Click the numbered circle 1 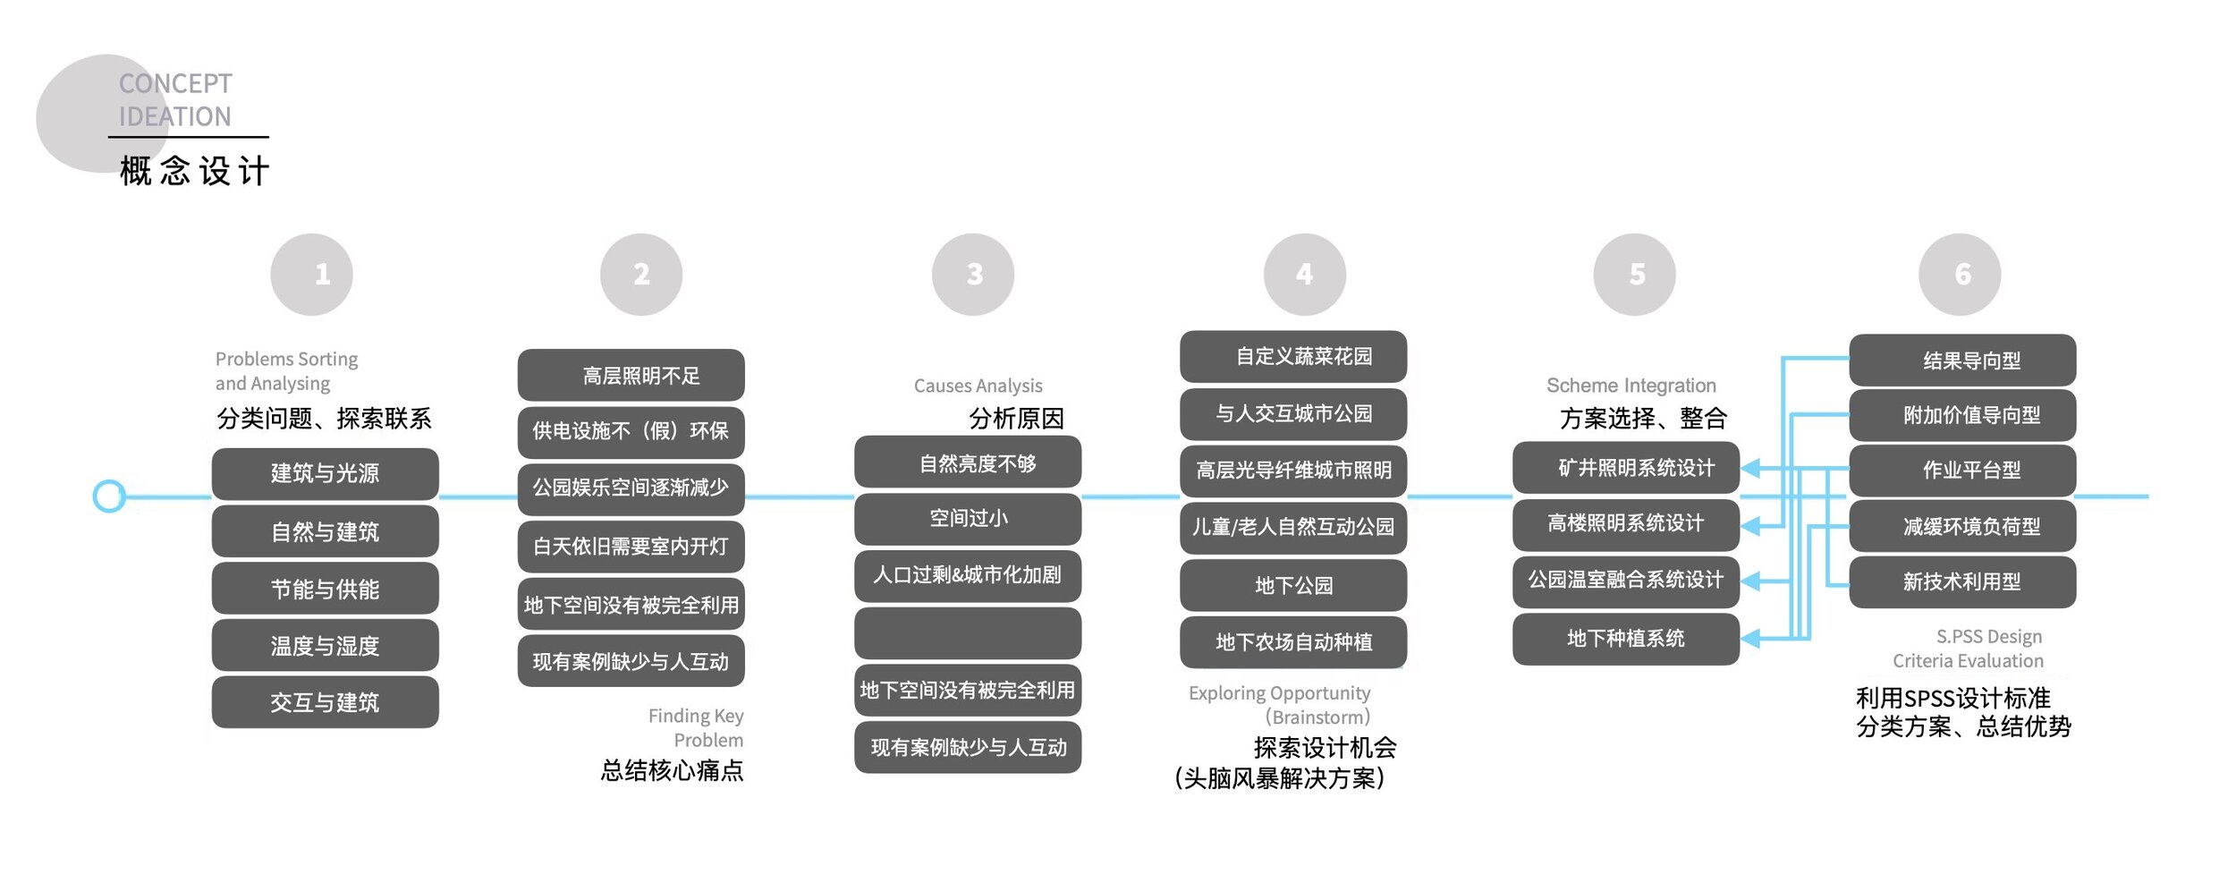pos(311,275)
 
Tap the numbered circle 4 pos(1304,275)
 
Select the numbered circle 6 pos(1959,275)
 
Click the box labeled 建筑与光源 pos(325,474)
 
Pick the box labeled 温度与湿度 pos(325,645)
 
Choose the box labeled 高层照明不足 pos(631,375)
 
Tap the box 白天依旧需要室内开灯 pos(631,546)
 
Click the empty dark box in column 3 pos(968,633)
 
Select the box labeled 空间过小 pos(968,519)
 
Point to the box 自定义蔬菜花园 pos(1293,356)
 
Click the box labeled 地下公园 pos(1293,585)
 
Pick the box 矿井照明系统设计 pos(1626,468)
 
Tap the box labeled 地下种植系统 pos(1626,639)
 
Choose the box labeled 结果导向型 pos(1962,361)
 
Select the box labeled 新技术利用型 pos(1962,582)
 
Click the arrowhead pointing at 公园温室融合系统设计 pos(1750,581)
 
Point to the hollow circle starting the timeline pos(109,496)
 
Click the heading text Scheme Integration pos(1631,386)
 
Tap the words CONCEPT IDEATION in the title pos(175,100)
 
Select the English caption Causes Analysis pos(978,386)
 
